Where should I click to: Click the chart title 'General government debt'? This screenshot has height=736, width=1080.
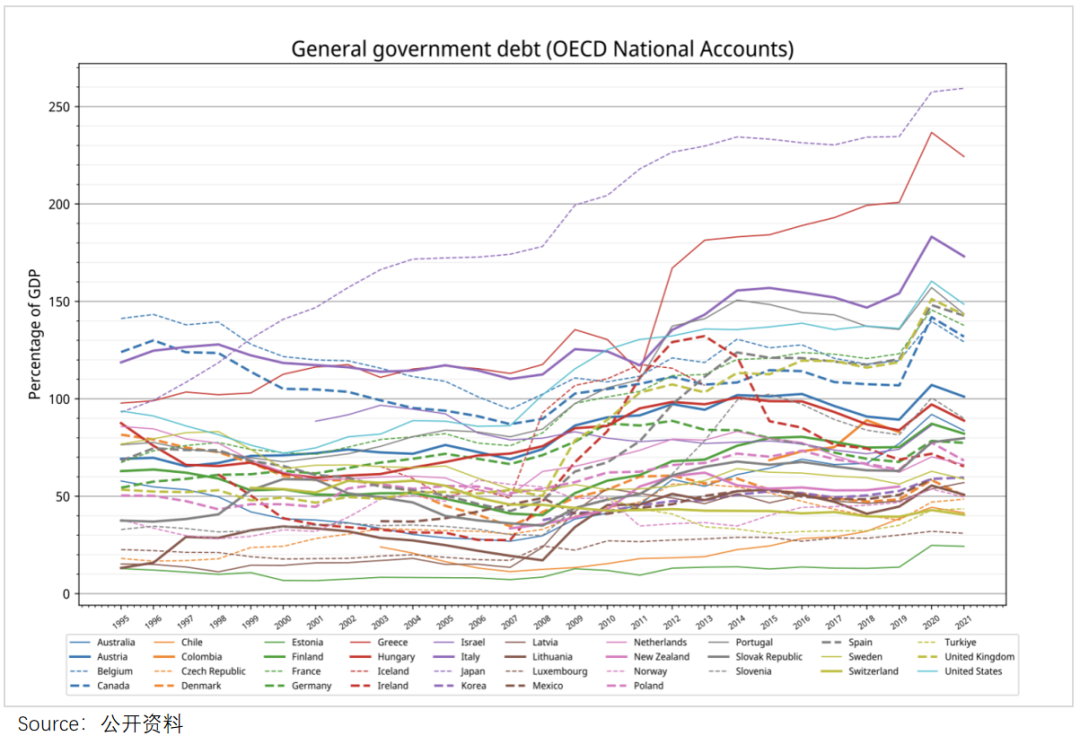click(x=542, y=49)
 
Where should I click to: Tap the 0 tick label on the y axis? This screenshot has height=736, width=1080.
click(x=66, y=594)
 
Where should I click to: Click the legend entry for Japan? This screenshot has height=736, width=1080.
click(x=473, y=671)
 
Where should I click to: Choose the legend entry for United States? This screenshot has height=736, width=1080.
click(x=973, y=671)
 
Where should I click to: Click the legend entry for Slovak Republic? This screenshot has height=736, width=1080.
click(x=767, y=657)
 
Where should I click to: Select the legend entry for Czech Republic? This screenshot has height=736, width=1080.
click(x=213, y=671)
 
